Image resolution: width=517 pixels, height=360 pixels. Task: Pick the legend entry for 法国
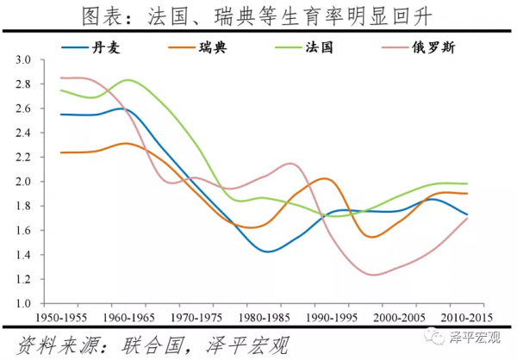click(318, 47)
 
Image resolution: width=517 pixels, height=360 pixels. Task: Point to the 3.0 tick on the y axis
click(22, 60)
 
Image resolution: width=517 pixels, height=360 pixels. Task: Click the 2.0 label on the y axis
click(22, 182)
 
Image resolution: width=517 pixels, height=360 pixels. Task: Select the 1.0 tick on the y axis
click(22, 304)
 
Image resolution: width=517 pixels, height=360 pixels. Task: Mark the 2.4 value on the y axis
click(22, 133)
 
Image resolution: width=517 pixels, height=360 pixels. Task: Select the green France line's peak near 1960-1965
click(129, 80)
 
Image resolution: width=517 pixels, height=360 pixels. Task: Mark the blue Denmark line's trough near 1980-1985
click(268, 251)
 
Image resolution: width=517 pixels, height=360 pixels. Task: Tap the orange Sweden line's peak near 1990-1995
click(323, 179)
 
